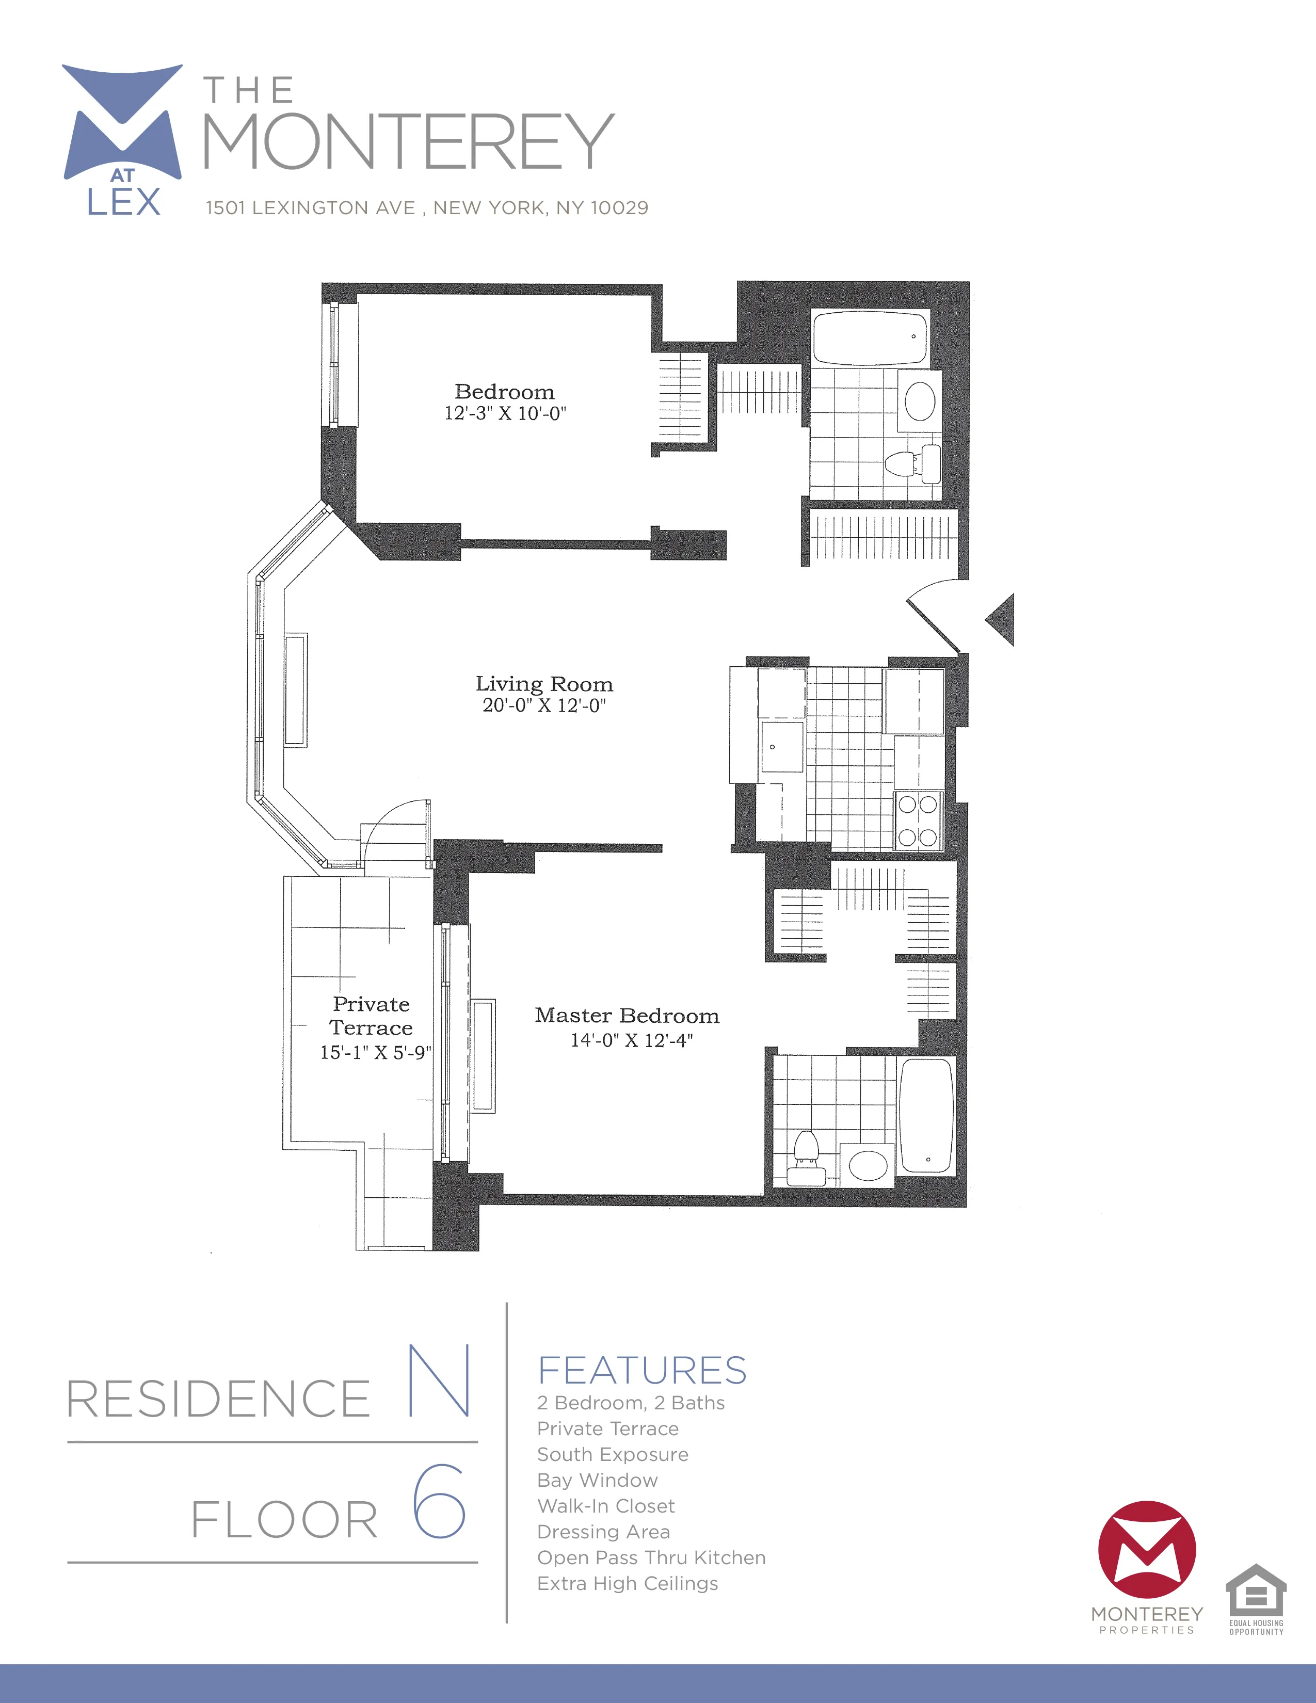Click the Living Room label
544,684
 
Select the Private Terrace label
371,1015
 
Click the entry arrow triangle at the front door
1002,619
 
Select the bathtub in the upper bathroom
869,338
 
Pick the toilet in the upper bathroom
912,462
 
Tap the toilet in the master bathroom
806,1157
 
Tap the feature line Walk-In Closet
606,1506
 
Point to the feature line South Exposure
613,1454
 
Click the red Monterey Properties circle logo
1147,1550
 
